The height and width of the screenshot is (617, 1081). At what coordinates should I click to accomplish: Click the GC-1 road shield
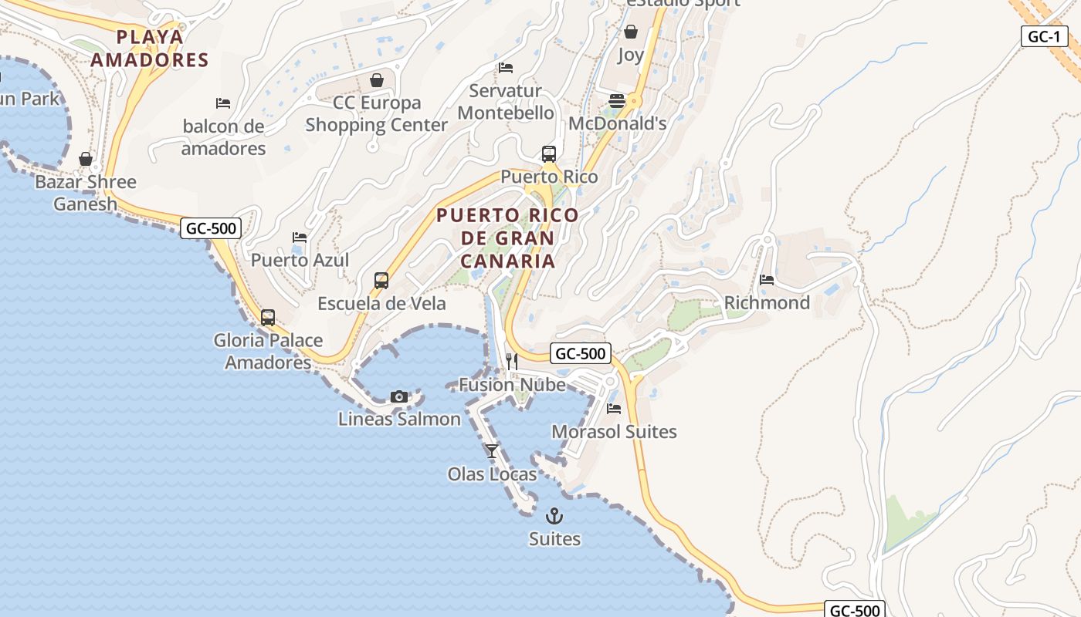[x=1044, y=36]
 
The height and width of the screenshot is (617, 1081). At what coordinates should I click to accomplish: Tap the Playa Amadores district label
[x=151, y=48]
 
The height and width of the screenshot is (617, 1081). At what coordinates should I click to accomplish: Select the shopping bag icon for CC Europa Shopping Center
[x=377, y=80]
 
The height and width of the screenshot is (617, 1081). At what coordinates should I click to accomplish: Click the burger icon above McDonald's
[x=616, y=101]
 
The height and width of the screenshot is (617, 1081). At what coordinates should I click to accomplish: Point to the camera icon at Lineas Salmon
[x=399, y=396]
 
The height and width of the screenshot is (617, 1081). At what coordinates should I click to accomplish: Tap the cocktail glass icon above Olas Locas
[x=492, y=450]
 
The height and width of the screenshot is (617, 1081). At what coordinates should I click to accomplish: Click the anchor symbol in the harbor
[x=554, y=516]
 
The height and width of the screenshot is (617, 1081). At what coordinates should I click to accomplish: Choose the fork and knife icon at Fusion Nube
[x=511, y=361]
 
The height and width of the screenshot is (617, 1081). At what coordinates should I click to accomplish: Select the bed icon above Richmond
[x=767, y=279]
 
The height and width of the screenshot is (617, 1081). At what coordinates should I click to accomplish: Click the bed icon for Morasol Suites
[x=614, y=408]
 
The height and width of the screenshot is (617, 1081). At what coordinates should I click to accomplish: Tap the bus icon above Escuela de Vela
[x=381, y=280]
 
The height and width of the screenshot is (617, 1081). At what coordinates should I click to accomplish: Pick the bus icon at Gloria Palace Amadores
[x=268, y=317]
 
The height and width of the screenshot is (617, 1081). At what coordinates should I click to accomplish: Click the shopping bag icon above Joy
[x=631, y=32]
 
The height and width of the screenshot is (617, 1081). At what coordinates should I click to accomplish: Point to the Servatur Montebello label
[x=506, y=102]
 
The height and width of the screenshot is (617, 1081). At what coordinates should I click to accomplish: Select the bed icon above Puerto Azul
[x=300, y=238]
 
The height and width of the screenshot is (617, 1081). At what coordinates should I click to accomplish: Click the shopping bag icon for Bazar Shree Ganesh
[x=86, y=159]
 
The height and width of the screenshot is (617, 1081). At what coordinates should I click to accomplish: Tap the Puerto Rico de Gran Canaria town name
[x=507, y=238]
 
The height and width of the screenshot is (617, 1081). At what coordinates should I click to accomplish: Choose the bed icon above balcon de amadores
[x=223, y=103]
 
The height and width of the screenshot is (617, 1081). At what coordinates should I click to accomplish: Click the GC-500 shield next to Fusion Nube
[x=581, y=353]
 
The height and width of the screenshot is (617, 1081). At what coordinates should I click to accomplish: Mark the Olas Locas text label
[x=492, y=474]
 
